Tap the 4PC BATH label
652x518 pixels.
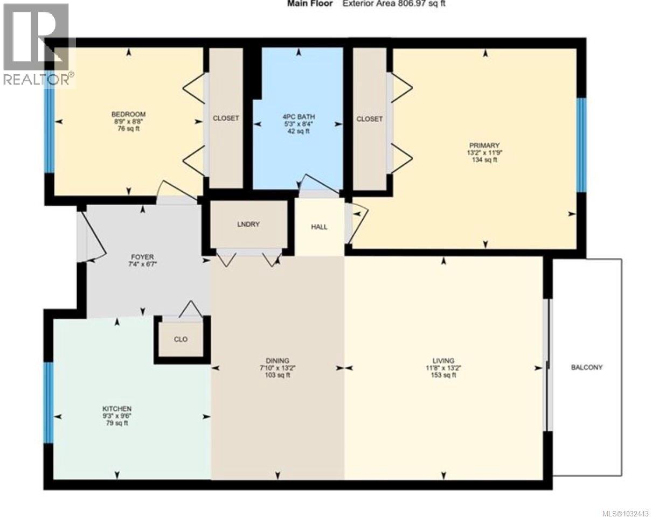[298, 116]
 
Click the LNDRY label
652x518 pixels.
[248, 224]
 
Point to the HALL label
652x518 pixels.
[319, 227]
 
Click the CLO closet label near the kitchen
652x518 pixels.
[181, 339]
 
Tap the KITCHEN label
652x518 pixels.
[117, 409]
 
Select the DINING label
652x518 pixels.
[278, 360]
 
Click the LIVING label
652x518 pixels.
[443, 360]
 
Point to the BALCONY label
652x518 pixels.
[586, 367]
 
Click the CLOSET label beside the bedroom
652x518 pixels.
[226, 118]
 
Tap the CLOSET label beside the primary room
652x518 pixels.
[370, 118]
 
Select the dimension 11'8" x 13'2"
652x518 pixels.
[443, 368]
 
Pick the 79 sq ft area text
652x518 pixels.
[117, 423]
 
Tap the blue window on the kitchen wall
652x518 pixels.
[48, 402]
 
